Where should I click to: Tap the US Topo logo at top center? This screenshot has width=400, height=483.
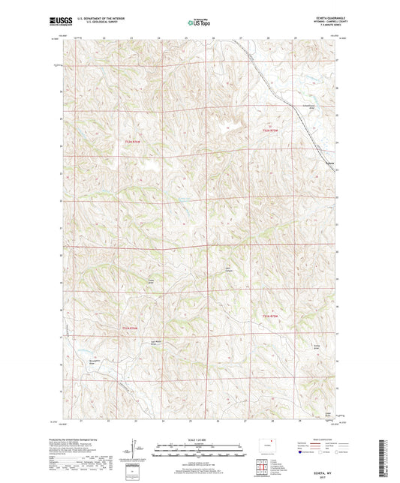(198, 23)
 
